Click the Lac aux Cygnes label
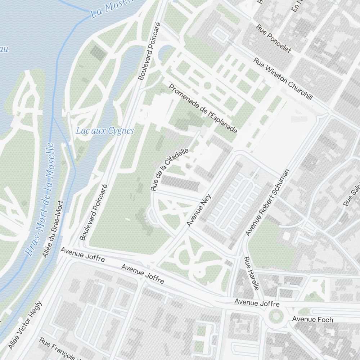(105, 131)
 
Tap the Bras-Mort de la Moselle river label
(40, 199)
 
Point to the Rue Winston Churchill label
(283, 79)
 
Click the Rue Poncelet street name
(274, 39)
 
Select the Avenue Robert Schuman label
(267, 203)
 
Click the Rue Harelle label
(251, 274)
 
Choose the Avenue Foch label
(312, 319)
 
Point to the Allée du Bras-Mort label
(53, 229)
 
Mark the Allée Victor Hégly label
(25, 325)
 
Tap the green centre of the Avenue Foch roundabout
(276, 316)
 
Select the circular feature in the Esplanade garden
(207, 86)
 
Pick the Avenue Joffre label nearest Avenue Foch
(252, 303)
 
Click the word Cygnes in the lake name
(121, 131)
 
